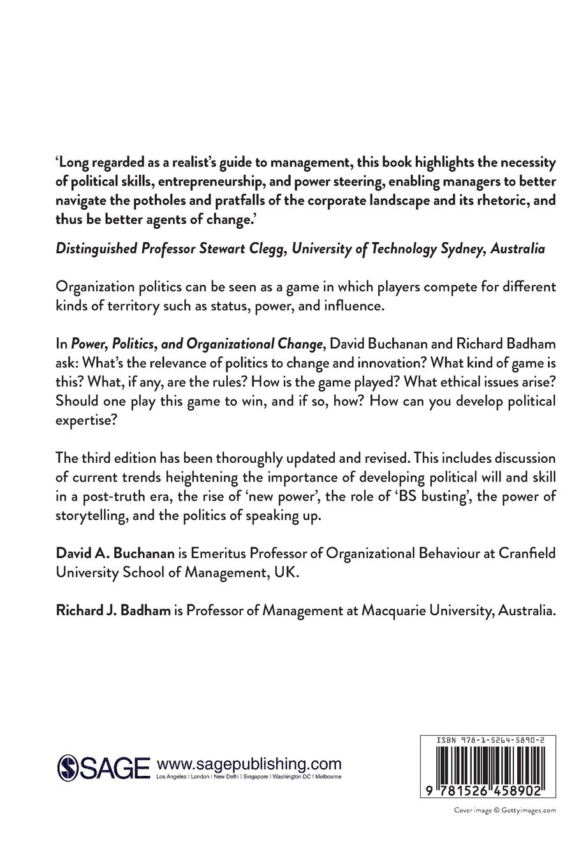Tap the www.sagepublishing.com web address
(x=249, y=764)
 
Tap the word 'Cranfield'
(x=527, y=553)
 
